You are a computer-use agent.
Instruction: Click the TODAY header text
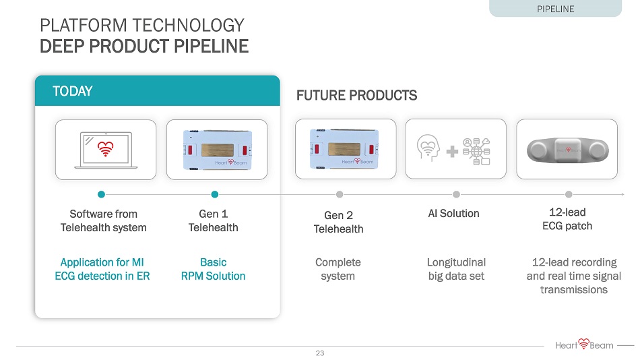[73, 91]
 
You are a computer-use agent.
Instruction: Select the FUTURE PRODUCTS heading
[357, 95]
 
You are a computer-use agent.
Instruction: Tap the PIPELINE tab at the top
[555, 9]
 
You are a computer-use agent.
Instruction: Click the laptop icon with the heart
[106, 150]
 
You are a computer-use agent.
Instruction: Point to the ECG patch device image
[568, 150]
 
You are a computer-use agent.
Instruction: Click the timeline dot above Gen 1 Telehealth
[215, 195]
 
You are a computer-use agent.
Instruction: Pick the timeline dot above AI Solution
[456, 195]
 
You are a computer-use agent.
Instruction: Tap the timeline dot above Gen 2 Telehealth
[340, 195]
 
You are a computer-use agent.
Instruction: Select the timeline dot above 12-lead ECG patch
[569, 195]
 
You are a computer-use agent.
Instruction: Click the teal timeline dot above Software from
[101, 195]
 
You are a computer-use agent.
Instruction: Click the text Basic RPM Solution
[213, 269]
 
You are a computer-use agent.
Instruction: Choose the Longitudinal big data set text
[456, 269]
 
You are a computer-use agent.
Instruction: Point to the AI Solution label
[453, 213]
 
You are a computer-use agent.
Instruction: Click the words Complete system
[338, 269]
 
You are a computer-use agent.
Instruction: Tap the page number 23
[319, 353]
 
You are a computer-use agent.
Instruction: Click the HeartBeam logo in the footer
[584, 345]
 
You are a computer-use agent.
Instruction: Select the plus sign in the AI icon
[452, 152]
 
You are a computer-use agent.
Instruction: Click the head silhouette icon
[428, 148]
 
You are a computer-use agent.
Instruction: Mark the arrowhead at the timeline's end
[623, 195]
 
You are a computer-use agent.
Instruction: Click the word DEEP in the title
[62, 46]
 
